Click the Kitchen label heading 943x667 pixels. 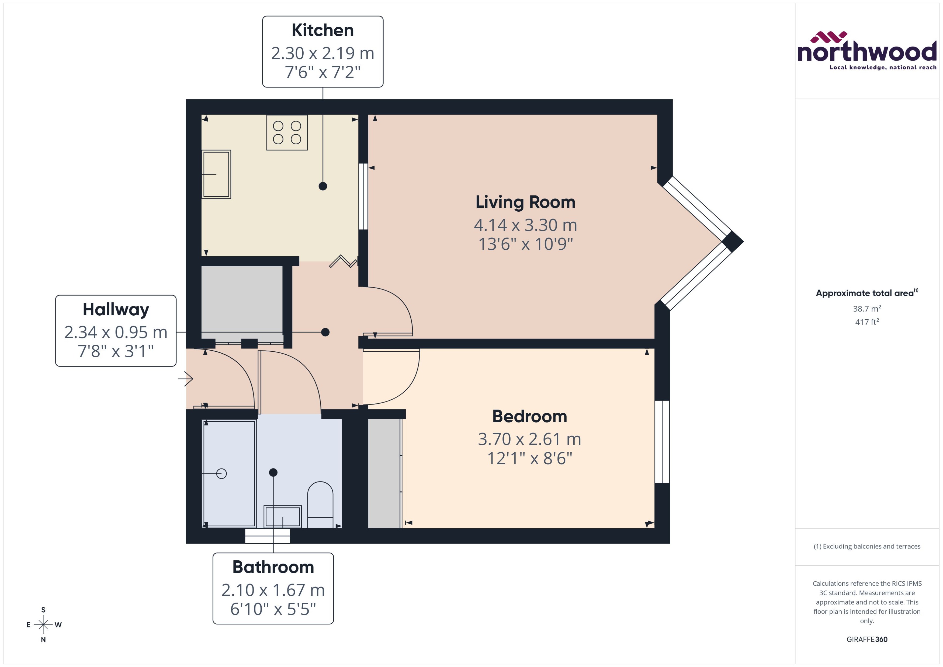pyautogui.click(x=323, y=30)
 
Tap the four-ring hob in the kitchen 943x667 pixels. pyautogui.click(x=287, y=132)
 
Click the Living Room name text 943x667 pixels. pyautogui.click(x=525, y=202)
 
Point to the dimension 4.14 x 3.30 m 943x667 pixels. pyautogui.click(x=525, y=225)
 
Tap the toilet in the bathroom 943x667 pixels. pyautogui.click(x=320, y=505)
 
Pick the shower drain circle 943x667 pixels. pyautogui.click(x=221, y=474)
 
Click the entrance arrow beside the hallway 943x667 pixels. pyautogui.click(x=186, y=379)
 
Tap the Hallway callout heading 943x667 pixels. pyautogui.click(x=116, y=309)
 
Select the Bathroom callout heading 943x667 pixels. pyautogui.click(x=273, y=567)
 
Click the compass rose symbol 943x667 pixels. pyautogui.click(x=43, y=625)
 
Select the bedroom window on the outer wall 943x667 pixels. pyautogui.click(x=662, y=442)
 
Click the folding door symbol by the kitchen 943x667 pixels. pyautogui.click(x=343, y=262)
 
